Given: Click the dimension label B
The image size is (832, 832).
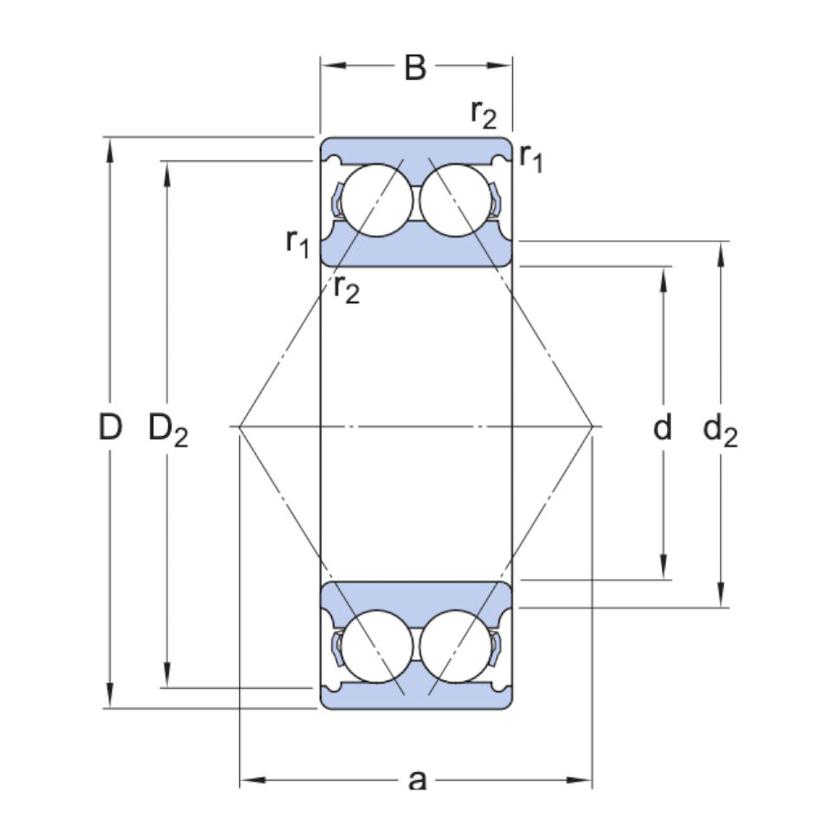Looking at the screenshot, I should pos(416,67).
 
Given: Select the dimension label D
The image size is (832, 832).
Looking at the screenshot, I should pos(109,426).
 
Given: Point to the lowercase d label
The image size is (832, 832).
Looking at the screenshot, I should pos(663,426).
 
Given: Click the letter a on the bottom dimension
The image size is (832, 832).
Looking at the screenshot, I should pos(417,780).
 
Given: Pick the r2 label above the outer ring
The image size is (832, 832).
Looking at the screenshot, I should pos(484,113).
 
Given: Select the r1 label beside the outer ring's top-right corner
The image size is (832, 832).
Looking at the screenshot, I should pos(530,158).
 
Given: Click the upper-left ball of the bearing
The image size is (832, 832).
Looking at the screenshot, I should pos(377,199).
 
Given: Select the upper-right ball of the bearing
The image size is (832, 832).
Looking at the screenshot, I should pos(455,199).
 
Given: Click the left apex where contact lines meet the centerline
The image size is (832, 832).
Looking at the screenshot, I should pos(239,426).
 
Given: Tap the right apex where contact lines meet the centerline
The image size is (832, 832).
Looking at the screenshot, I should pos(593,426).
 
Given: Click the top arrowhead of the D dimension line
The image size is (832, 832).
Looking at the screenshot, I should pos(109,147).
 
